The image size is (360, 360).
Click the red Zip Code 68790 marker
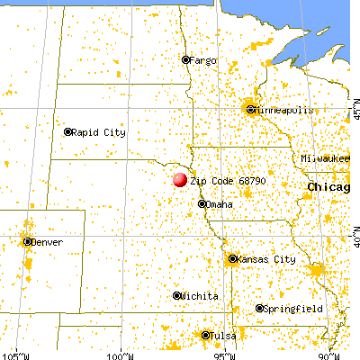[x=181, y=179]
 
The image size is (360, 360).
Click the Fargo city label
[x=204, y=60]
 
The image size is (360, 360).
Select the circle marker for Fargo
[x=186, y=60]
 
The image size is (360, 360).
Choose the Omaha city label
[x=220, y=205]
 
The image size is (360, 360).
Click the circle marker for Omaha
[x=202, y=204]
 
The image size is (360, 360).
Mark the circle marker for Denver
[x=28, y=241]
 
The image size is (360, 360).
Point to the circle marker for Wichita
[x=176, y=295]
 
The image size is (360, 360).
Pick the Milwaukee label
[x=326, y=158]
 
